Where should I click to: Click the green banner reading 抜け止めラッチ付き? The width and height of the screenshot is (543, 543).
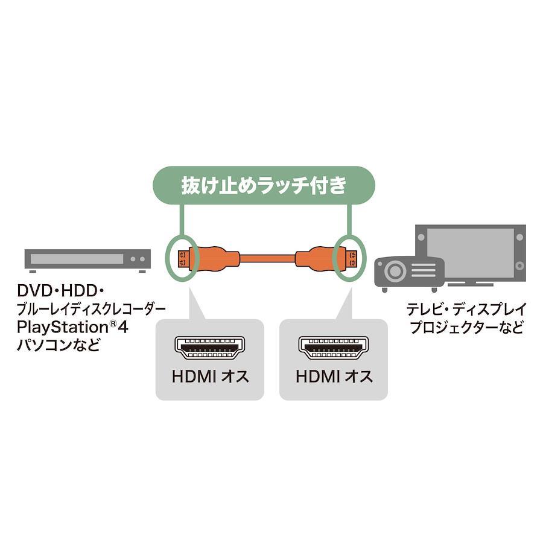(x=264, y=185)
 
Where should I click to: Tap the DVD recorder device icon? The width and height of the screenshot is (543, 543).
(x=87, y=261)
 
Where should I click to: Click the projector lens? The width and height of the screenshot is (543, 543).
(x=395, y=271)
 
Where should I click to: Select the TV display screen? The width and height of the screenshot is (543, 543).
(x=470, y=252)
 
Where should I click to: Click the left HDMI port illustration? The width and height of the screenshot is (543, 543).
(x=210, y=348)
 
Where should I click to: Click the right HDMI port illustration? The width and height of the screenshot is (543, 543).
(x=334, y=348)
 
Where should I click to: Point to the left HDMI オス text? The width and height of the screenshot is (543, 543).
(x=210, y=376)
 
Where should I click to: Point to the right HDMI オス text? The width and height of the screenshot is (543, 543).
(x=334, y=376)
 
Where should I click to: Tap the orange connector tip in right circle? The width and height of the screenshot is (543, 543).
(x=352, y=258)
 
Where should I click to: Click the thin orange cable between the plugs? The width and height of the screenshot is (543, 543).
(x=267, y=258)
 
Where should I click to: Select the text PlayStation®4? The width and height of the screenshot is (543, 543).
(x=72, y=327)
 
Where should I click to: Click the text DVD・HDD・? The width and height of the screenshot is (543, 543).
(x=60, y=291)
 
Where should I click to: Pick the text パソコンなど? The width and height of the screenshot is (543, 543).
(x=59, y=345)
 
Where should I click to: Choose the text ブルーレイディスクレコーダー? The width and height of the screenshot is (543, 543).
(x=91, y=309)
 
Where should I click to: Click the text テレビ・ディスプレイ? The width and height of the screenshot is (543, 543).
(x=466, y=309)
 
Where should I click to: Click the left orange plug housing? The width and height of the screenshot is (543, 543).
(x=215, y=258)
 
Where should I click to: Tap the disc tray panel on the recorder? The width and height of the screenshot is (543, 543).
(x=77, y=259)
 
